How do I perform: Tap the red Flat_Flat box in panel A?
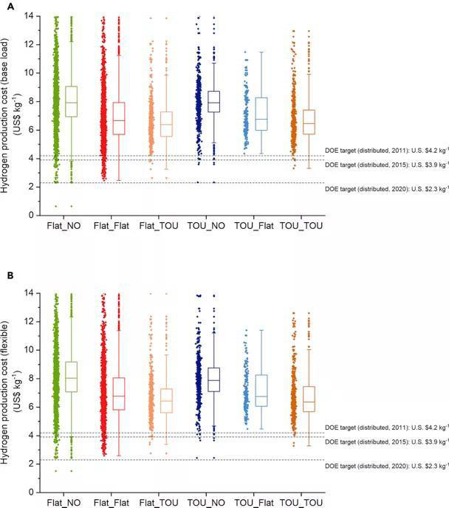[118, 118]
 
